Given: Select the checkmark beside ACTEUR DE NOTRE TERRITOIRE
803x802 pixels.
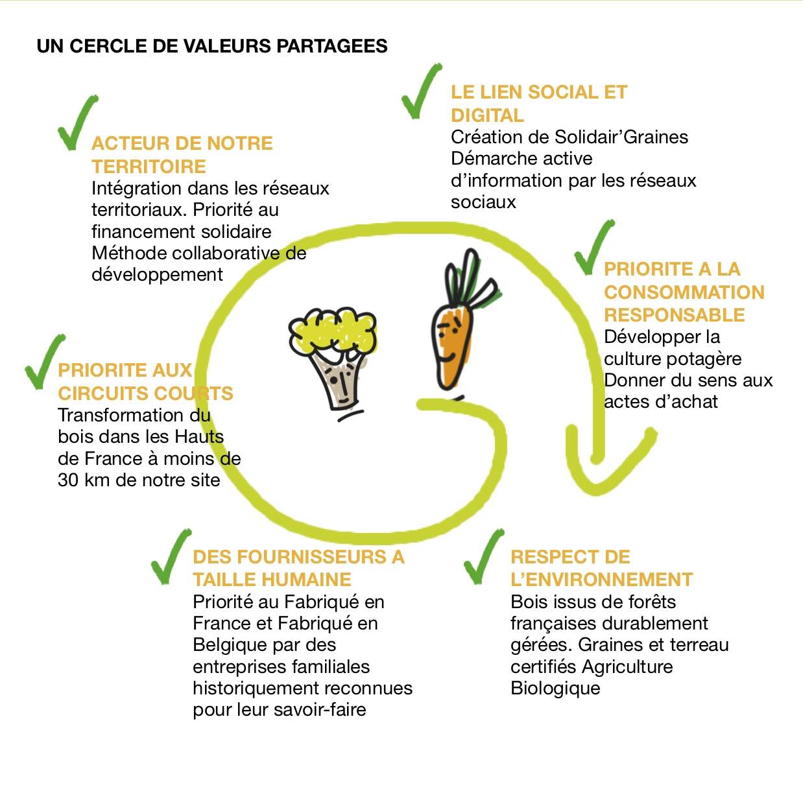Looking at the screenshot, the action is coord(77,123).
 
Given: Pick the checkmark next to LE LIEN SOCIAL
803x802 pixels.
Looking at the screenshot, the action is coord(422,91).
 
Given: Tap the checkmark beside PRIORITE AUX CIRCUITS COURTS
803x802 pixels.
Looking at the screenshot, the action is coord(45,362).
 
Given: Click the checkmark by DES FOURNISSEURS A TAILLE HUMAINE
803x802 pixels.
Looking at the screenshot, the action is coord(171,557).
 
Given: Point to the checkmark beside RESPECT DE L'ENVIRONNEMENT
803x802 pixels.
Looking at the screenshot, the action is coord(484,557).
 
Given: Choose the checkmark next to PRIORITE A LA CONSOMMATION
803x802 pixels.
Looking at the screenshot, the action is coord(594,247).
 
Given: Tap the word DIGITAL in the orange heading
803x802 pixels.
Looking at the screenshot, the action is coord(487,115).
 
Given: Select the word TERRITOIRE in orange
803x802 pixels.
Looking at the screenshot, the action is coord(149,167).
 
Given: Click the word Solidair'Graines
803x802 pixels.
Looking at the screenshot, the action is coord(621,137).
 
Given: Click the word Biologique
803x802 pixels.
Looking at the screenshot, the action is coord(555,689).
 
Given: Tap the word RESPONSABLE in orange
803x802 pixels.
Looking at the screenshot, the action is coord(674,315).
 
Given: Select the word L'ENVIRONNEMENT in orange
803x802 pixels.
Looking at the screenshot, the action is coord(602,580).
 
